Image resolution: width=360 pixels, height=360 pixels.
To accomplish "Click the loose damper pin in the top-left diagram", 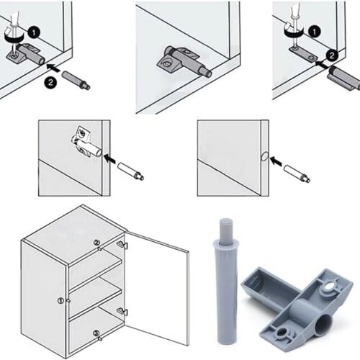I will (x=75, y=79).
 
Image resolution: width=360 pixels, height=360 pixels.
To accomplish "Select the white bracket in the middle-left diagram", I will (x=85, y=143).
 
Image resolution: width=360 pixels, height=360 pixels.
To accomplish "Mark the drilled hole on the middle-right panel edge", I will (x=264, y=156).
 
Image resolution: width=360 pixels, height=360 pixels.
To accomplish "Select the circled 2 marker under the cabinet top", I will (x=96, y=243).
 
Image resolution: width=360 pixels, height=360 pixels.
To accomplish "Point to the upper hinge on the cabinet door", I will (x=122, y=246).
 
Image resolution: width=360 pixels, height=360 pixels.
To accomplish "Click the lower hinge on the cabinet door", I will (x=122, y=312).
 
